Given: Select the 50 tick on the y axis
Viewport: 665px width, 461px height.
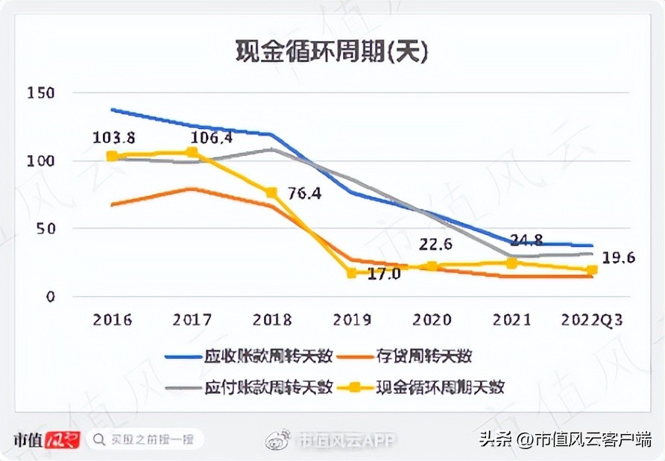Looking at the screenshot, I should point(43,229).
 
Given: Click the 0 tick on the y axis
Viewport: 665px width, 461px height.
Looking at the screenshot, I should point(48,297).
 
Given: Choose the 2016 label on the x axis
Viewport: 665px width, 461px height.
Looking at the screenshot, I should point(113,320).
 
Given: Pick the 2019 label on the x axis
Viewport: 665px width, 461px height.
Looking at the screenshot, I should point(352,320).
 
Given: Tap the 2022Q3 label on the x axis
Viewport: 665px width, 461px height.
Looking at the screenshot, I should point(592,320).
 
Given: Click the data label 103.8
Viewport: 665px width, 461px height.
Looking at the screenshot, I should point(113,137).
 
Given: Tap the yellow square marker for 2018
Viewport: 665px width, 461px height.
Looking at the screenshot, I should point(272,192).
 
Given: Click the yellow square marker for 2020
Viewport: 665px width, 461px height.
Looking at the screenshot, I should point(432,266).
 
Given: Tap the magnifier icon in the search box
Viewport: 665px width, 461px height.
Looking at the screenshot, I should point(98,439).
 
